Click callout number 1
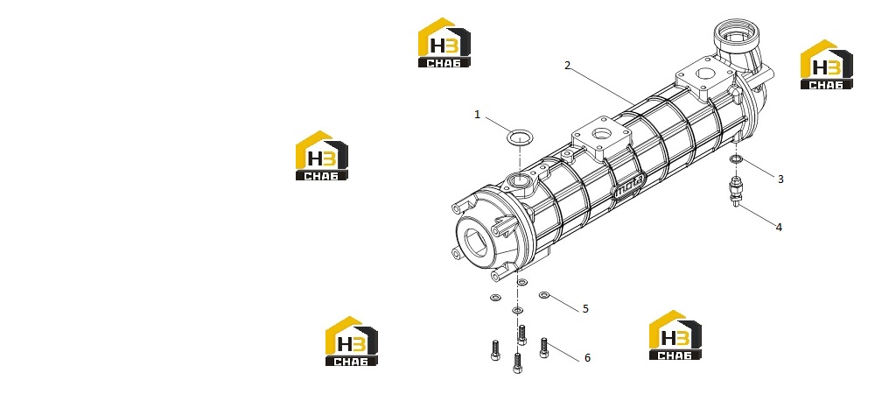tap(477, 115)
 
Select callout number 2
tap(568, 66)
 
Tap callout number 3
tap(780, 179)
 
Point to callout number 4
tap(779, 227)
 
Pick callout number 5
tap(585, 308)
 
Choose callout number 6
tap(587, 358)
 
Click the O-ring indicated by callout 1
tap(520, 137)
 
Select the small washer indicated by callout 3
tap(736, 160)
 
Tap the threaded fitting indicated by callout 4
tap(736, 192)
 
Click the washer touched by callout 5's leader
tap(544, 295)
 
